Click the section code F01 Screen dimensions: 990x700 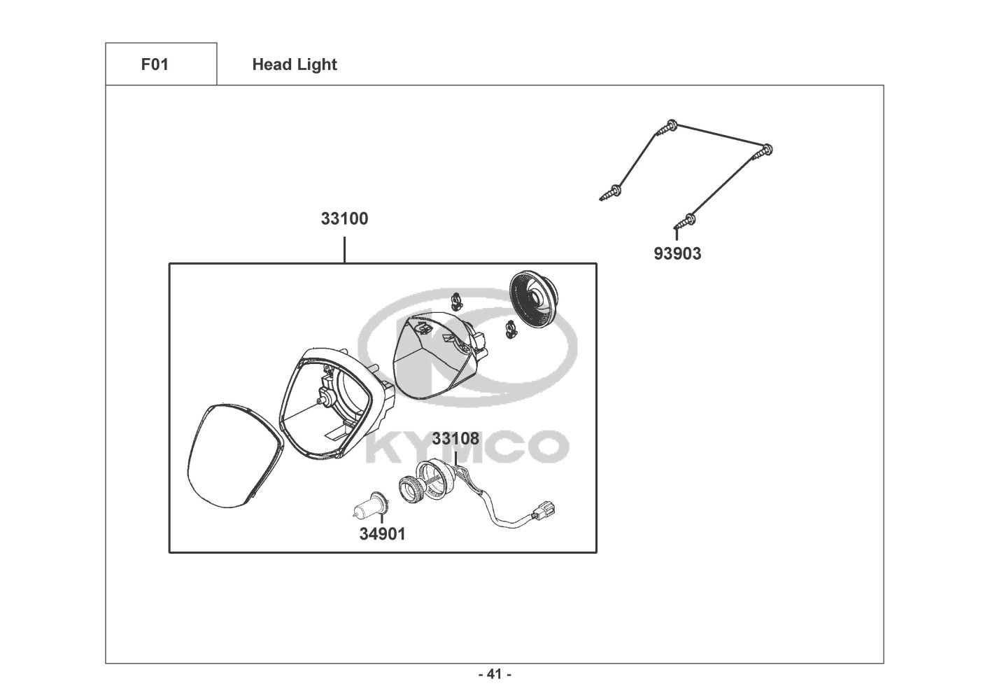(155, 64)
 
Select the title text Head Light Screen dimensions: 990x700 (295, 64)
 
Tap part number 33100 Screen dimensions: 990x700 (344, 218)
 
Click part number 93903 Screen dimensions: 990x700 (677, 253)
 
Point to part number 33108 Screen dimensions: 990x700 (455, 439)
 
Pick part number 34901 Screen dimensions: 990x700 (382, 533)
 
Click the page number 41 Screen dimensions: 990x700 (494, 675)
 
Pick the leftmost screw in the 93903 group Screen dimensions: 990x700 (612, 191)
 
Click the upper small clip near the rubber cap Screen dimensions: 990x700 (458, 300)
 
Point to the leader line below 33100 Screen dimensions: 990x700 (344, 250)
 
